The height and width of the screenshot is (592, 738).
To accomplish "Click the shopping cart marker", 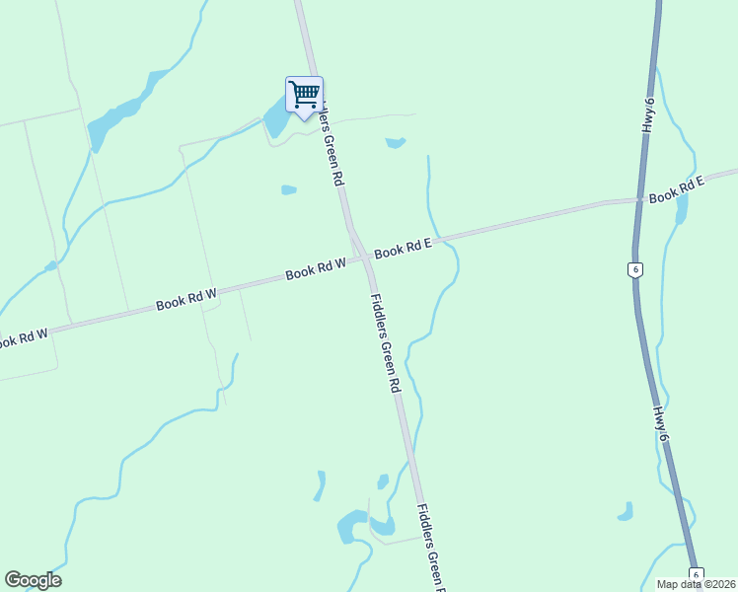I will click(304, 96).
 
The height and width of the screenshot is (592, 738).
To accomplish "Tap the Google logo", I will click(33, 580).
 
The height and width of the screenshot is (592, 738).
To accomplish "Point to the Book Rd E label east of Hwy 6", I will click(677, 190).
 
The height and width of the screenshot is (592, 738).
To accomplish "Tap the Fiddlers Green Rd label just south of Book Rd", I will click(385, 344).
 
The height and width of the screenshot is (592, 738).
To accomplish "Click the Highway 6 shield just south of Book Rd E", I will click(636, 269).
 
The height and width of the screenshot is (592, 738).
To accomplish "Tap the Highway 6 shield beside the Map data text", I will click(696, 574).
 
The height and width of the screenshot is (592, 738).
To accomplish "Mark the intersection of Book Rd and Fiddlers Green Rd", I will click(364, 258).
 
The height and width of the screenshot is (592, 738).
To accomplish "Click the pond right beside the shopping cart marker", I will click(275, 120).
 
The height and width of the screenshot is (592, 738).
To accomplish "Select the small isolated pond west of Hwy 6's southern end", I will click(625, 511).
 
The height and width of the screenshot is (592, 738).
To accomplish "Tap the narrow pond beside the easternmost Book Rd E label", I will click(682, 209).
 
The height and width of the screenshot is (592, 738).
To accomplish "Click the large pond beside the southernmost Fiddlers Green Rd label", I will click(351, 525).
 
